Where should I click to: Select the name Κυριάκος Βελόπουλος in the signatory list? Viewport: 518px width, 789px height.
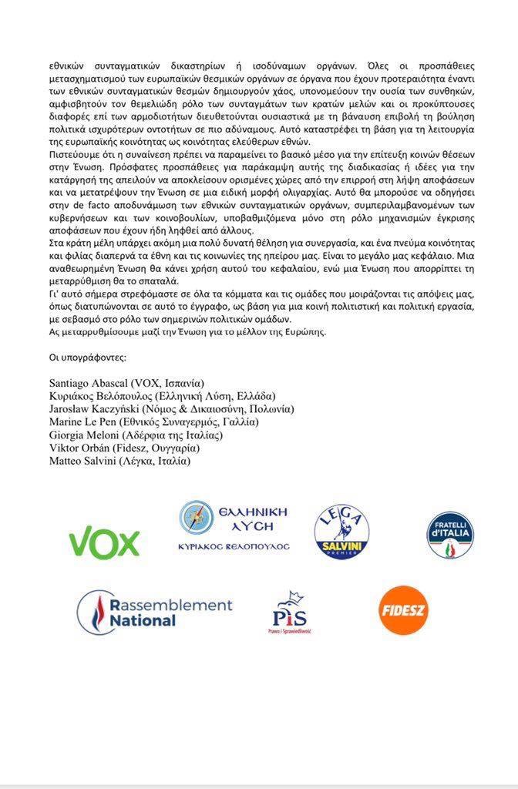pyautogui.click(x=100, y=395)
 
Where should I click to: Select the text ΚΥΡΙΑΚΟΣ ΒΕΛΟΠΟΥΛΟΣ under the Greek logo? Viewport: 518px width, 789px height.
pyautogui.click(x=233, y=546)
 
